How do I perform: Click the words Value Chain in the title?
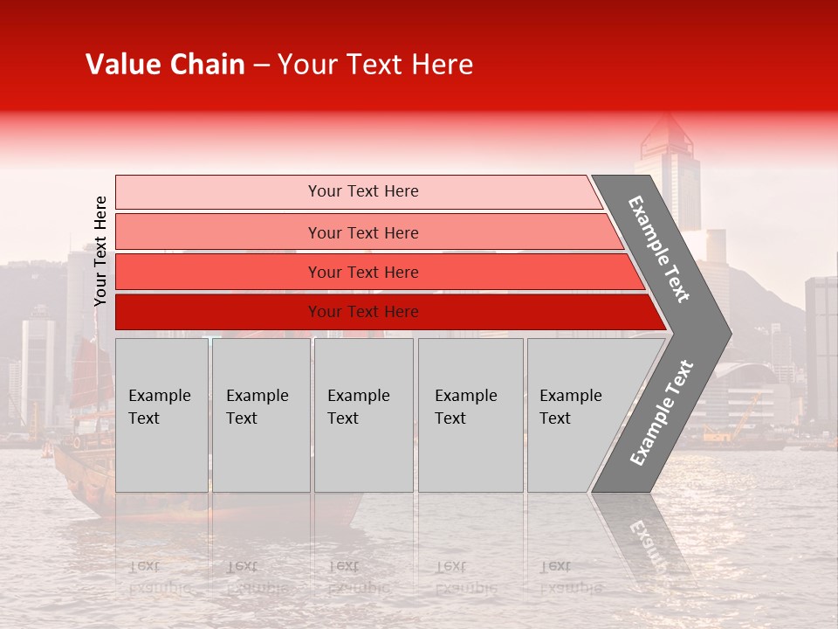point(165,65)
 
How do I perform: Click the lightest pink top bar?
point(218,191)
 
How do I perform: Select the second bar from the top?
point(218,232)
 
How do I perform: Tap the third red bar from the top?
point(218,272)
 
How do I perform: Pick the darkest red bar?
point(218,312)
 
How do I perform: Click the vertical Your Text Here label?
point(100,251)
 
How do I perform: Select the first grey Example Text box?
point(161,415)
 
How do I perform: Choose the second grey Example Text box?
point(261,415)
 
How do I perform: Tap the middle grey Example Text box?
point(363,415)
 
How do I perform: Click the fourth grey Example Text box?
point(471,415)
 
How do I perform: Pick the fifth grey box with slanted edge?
point(576,415)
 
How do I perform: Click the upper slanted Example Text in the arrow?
point(659,249)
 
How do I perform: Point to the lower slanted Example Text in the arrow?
point(662,412)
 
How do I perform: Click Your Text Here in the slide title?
point(375,65)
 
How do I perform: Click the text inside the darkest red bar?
point(363,312)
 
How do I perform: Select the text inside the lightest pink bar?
point(363,191)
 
